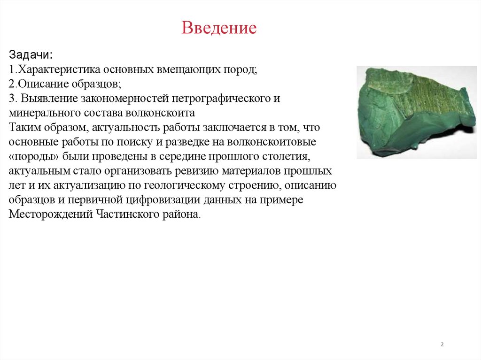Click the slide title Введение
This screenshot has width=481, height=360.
[x=219, y=28]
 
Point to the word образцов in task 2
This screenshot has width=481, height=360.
[x=98, y=84]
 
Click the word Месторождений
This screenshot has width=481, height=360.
[x=50, y=214]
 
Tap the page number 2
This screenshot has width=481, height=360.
[x=442, y=345]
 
